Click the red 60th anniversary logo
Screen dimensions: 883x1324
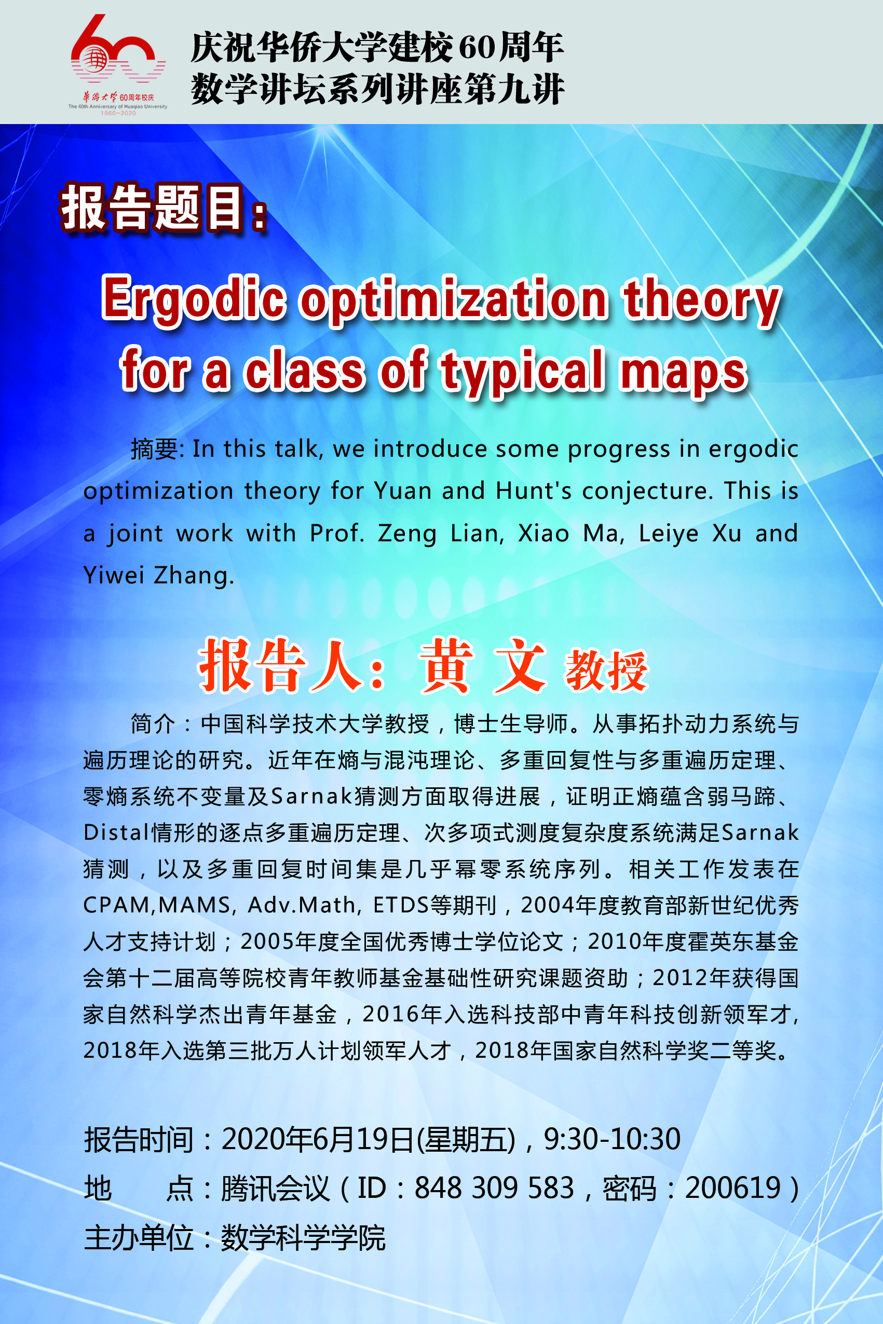click(118, 65)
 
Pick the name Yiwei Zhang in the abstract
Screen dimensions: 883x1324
click(158, 575)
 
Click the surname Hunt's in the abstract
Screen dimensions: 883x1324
click(534, 490)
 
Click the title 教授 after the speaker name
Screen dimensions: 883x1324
click(606, 670)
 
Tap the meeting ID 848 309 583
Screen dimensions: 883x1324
click(494, 1188)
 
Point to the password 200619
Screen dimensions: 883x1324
click(732, 1188)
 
